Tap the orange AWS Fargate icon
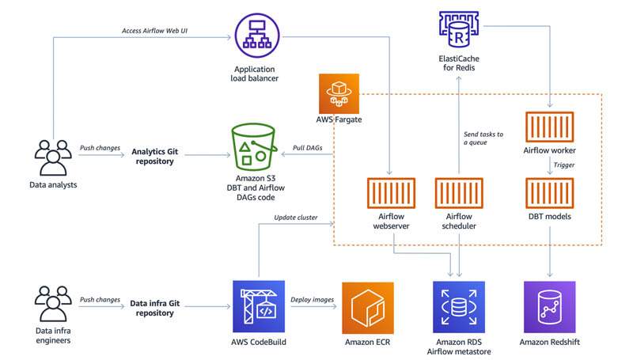(x=338, y=97)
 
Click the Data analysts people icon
(x=52, y=157)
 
